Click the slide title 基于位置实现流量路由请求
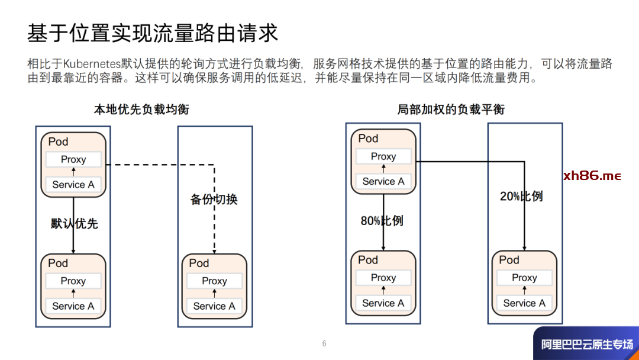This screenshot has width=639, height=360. pos(153,34)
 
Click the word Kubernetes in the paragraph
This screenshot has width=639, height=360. pos(92,64)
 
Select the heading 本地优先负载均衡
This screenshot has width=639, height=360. pos(142,110)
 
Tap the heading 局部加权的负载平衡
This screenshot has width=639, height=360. pos(451,110)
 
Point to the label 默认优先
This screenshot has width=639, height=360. pos(75,224)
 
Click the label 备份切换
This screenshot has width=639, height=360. pos(214,200)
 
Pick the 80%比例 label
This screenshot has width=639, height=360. pos(382,221)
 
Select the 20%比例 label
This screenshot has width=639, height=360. pos(521,196)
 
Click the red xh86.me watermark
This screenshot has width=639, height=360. pos(592,176)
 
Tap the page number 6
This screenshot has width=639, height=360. pos(324,343)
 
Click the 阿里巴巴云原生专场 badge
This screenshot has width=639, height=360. pos(586,344)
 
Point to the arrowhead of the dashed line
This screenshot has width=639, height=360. pos(214,249)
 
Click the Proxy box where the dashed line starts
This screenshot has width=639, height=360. pos(73,159)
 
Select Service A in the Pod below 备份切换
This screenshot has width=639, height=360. pos(214,306)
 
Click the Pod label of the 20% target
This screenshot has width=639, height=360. pos(509,260)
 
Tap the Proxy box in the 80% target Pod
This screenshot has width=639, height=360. pos(383,278)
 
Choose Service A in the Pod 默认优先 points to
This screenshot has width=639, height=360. pos(73,306)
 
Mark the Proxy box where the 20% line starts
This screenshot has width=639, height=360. pos(383,156)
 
